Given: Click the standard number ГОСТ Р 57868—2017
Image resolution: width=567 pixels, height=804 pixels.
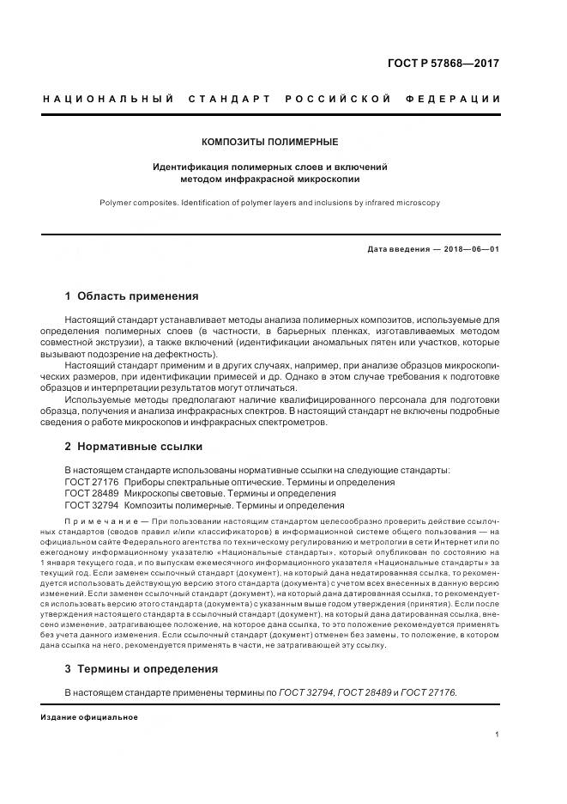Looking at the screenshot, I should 444,64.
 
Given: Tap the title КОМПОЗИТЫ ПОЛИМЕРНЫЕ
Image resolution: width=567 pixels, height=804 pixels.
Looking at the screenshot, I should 269,142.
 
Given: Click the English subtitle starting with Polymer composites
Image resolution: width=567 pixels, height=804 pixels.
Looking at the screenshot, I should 269,203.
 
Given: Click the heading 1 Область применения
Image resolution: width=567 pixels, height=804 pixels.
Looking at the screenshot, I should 131,296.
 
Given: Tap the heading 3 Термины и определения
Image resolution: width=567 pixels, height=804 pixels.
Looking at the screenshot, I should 142,668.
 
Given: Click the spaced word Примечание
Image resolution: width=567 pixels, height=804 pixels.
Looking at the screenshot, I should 100,522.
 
